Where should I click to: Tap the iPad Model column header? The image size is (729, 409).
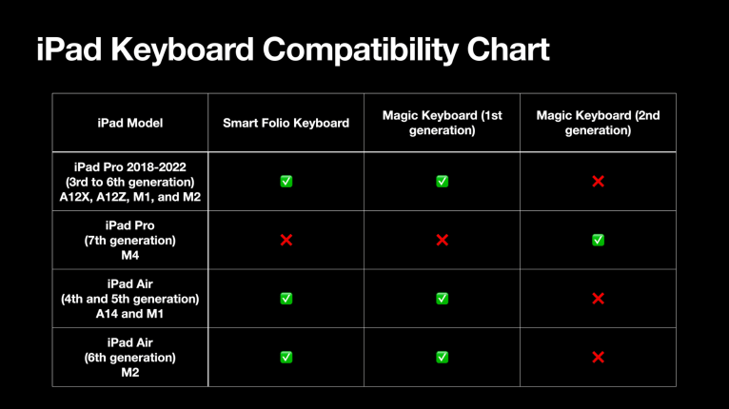pyautogui.click(x=130, y=123)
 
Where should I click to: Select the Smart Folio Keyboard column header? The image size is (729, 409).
pyautogui.click(x=286, y=123)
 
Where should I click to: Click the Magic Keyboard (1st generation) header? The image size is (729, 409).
pyautogui.click(x=442, y=123)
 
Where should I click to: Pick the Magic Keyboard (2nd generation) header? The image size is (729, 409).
pyautogui.click(x=598, y=123)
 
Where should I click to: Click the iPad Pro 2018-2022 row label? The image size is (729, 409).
pyautogui.click(x=130, y=181)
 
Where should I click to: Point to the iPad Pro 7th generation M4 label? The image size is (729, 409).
pyautogui.click(x=130, y=240)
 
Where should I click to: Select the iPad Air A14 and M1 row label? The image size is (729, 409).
pyautogui.click(x=130, y=299)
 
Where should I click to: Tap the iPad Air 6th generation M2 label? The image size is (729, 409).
pyautogui.click(x=130, y=358)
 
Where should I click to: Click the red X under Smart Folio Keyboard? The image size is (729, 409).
pyautogui.click(x=286, y=240)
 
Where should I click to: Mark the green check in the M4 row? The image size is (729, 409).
pyautogui.click(x=598, y=240)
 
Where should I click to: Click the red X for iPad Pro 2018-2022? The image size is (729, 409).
pyautogui.click(x=598, y=181)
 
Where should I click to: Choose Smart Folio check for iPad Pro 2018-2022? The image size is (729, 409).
pyautogui.click(x=286, y=181)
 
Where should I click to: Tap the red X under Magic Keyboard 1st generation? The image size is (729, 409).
pyautogui.click(x=442, y=240)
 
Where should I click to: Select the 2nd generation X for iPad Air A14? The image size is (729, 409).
pyautogui.click(x=598, y=299)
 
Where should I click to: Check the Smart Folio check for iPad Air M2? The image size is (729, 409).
pyautogui.click(x=286, y=358)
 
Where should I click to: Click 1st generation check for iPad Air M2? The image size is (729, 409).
pyautogui.click(x=442, y=358)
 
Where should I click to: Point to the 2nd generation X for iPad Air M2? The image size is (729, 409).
pyautogui.click(x=598, y=358)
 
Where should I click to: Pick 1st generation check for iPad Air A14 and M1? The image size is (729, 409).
pyautogui.click(x=442, y=299)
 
